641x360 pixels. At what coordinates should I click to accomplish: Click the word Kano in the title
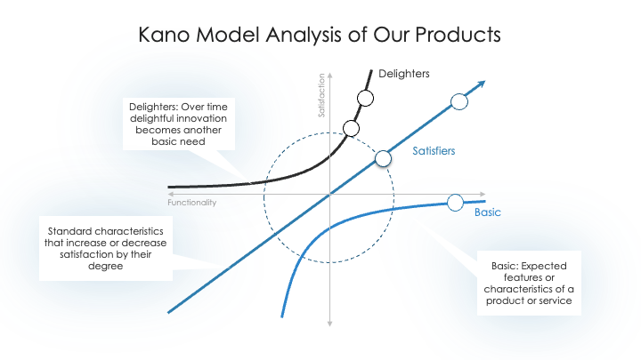(164, 35)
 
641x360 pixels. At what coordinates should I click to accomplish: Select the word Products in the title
(458, 35)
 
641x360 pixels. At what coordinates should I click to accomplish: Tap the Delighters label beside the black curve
(404, 74)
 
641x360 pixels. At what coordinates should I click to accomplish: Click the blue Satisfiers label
(434, 151)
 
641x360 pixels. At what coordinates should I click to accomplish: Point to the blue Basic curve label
(488, 212)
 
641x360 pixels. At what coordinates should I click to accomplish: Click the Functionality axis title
(191, 203)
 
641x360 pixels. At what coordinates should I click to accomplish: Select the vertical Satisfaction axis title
(321, 95)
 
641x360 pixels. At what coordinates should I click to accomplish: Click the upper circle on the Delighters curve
(365, 99)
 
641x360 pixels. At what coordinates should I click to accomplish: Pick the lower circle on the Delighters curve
(351, 129)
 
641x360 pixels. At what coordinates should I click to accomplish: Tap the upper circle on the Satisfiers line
(459, 101)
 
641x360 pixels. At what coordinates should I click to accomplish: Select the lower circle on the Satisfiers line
(383, 158)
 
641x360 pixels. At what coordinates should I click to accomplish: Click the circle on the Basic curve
(455, 203)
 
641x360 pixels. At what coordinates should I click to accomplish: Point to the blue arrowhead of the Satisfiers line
(481, 84)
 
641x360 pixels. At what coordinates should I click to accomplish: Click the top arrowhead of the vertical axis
(330, 75)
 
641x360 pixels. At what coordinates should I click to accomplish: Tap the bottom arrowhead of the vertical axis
(330, 324)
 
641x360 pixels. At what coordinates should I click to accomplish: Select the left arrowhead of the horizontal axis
(170, 195)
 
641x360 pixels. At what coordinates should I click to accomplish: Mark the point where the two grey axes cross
(330, 195)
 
